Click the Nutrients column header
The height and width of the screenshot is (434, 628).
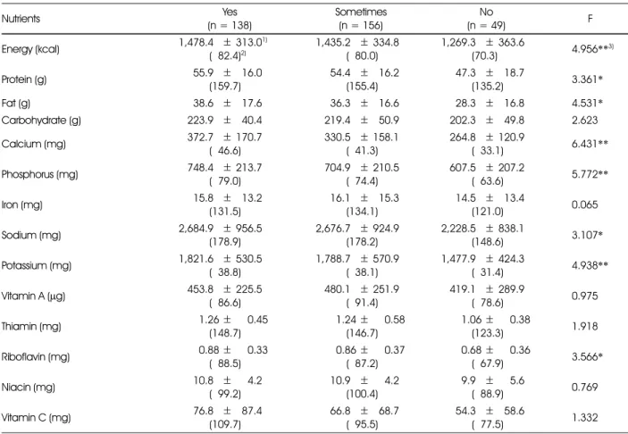coord(21,19)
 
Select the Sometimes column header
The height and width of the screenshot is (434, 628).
coord(361,12)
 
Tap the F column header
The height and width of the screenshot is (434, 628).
coord(590,19)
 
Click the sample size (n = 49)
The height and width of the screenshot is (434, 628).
coord(486,26)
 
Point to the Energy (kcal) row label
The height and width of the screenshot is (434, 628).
coord(30,49)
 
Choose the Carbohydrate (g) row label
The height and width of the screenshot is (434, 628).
coord(41,121)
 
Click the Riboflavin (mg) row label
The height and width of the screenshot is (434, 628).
coord(36,356)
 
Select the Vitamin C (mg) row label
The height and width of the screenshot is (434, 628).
coord(36,418)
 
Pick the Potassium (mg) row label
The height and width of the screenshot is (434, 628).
coord(37,265)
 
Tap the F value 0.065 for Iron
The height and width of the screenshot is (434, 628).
coord(585,204)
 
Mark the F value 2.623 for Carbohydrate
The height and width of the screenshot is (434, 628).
coord(585,121)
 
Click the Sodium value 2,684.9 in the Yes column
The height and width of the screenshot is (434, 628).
coord(197,229)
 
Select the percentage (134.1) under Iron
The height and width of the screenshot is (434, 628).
coord(362,212)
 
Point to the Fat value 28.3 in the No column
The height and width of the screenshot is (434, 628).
coord(465,104)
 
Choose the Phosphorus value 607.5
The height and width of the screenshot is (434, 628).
coord(463,167)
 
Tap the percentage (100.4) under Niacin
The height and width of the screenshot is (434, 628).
coord(362,394)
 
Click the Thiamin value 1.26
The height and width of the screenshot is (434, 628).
coord(209,320)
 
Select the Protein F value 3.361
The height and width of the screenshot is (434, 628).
coord(585,79)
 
